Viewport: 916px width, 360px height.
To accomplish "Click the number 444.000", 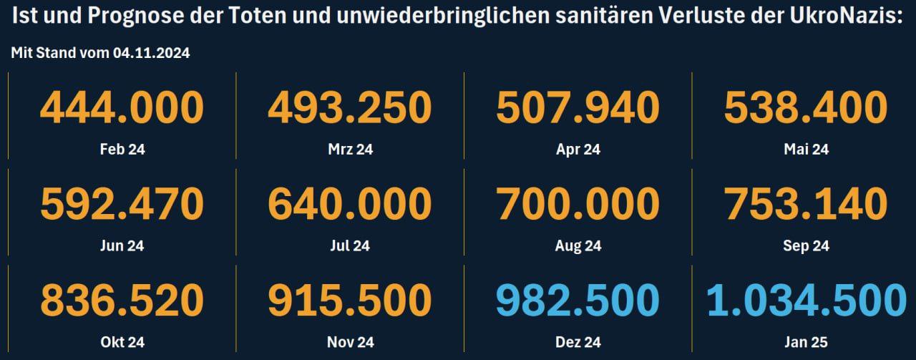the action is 122,107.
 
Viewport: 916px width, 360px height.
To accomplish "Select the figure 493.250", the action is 350,107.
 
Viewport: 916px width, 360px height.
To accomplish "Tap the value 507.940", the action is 578,107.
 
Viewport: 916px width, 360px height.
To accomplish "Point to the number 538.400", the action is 806,107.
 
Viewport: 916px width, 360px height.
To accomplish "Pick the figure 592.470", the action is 122,204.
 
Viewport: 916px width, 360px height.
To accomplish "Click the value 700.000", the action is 578,204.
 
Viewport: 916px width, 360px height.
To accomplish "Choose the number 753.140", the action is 806,204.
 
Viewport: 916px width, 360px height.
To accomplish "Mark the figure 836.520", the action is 122,301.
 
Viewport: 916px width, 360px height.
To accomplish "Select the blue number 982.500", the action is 578,301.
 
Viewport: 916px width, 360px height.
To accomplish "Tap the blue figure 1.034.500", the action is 807,301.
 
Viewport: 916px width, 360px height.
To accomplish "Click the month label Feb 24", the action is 122,150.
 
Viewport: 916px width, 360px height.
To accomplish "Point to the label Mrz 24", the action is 351,150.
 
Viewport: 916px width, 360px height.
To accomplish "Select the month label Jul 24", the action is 350,246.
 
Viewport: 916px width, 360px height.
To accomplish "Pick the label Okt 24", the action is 122,342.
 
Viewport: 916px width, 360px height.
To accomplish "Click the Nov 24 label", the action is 351,342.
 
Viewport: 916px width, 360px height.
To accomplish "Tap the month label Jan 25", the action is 806,342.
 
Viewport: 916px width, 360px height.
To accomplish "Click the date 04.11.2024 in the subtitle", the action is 151,53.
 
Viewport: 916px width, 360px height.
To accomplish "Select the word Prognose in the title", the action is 155,16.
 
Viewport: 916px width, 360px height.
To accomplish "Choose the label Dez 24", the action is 578,342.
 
